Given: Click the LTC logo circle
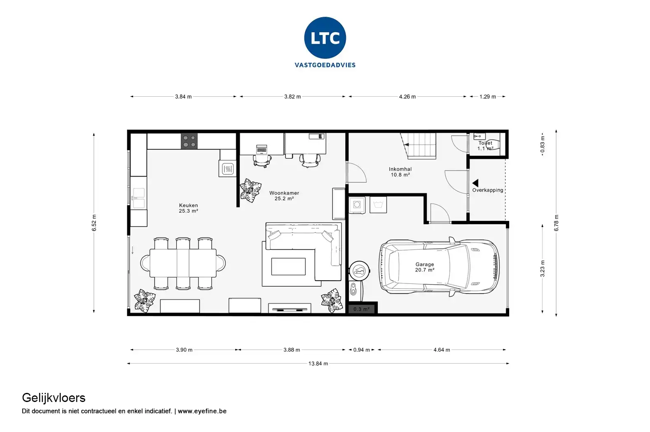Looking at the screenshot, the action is point(325,38).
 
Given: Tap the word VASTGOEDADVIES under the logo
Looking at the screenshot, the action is point(325,65).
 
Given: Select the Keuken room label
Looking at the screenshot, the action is point(188,208).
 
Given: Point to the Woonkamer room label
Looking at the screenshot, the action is point(284,196).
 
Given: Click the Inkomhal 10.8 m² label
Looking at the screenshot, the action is point(400,172).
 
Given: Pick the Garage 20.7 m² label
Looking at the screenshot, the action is point(425,267).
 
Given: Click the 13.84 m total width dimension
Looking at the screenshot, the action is point(318,364).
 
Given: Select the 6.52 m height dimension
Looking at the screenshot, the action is point(94,223).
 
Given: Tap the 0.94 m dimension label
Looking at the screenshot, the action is point(362,350).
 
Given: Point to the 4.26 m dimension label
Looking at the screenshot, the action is point(407,97).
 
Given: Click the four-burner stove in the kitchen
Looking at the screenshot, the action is point(189,141).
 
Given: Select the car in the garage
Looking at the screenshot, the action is point(439,267).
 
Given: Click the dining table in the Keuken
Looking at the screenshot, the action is point(183,263).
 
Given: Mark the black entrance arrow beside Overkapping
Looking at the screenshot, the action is point(475,183).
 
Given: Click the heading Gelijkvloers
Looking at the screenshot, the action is point(54,398).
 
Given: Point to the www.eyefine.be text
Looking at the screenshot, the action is point(202,411).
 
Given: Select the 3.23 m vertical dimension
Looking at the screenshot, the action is point(542,269).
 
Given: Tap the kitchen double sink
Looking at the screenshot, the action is point(139,198).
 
